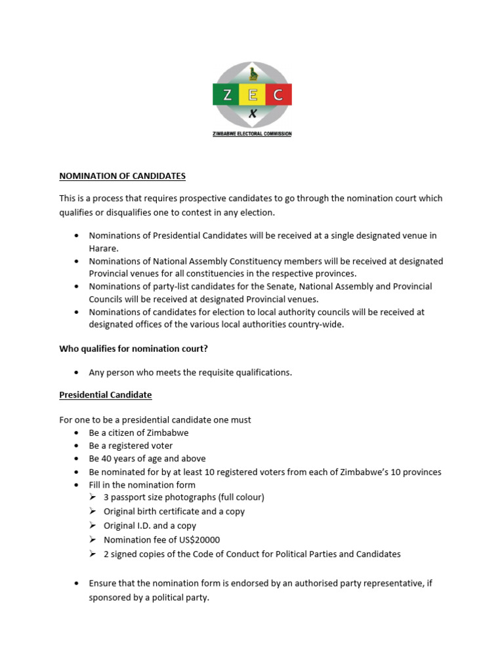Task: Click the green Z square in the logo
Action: (226, 95)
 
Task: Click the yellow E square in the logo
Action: (252, 95)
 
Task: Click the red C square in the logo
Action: (278, 95)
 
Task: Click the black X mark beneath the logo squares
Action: (252, 114)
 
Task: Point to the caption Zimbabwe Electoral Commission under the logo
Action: (252, 134)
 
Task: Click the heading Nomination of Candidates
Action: (123, 176)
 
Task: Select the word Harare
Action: (104, 248)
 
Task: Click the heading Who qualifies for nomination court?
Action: (133, 349)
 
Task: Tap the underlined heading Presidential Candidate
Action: (106, 395)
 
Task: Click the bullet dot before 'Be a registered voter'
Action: (77, 446)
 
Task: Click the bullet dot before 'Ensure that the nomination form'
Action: (77, 583)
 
